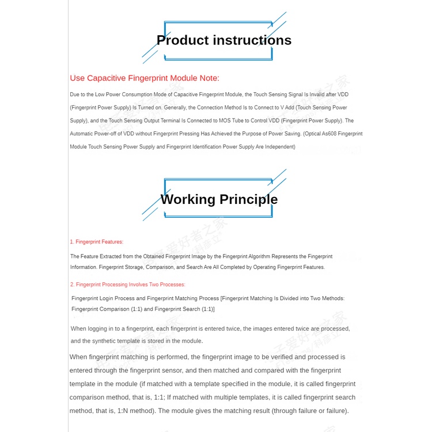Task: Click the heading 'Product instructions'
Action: pyautogui.click(x=224, y=40)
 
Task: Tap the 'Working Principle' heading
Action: pyautogui.click(x=219, y=199)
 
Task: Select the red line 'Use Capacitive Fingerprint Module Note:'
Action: pyautogui.click(x=145, y=78)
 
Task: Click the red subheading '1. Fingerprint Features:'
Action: pyautogui.click(x=97, y=242)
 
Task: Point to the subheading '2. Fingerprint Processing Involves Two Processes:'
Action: pyautogui.click(x=128, y=285)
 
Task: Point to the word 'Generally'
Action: pyautogui.click(x=174, y=108)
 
